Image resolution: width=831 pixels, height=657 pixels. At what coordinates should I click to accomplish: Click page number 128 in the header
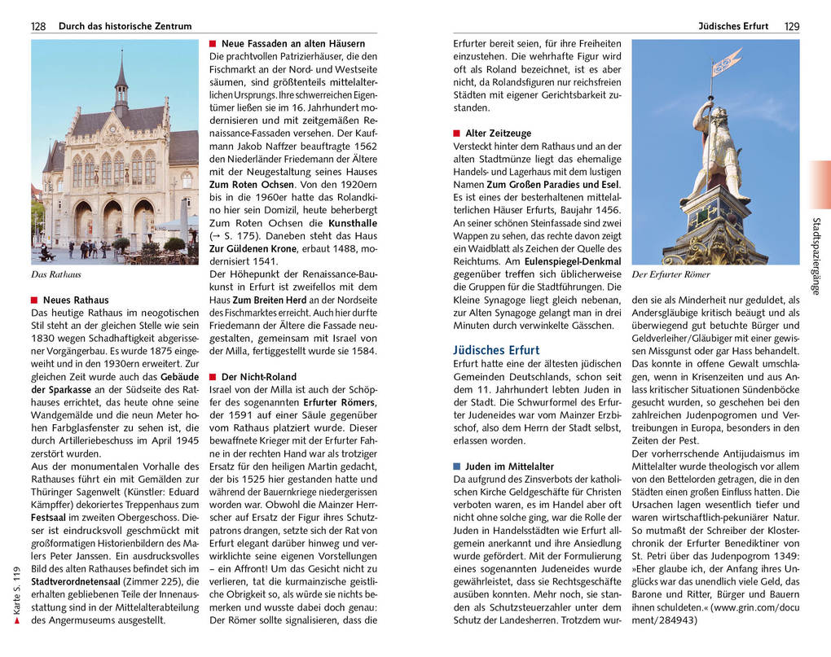click(38, 26)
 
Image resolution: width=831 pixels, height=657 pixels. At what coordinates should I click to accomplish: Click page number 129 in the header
click(792, 26)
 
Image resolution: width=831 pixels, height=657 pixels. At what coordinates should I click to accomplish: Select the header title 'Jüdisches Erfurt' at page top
click(733, 26)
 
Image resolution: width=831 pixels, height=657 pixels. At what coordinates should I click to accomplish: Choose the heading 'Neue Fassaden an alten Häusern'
click(292, 43)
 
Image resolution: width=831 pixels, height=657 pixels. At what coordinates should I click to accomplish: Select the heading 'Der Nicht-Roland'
click(259, 377)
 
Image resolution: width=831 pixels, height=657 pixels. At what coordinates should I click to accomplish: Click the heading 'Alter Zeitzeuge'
click(498, 133)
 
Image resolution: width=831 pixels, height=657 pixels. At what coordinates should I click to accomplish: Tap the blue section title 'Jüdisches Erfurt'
click(496, 350)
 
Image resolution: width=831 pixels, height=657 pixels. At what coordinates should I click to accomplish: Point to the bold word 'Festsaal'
click(48, 518)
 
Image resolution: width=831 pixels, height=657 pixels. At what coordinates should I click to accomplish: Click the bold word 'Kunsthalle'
click(353, 222)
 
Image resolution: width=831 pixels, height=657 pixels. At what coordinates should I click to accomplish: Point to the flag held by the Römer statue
click(727, 62)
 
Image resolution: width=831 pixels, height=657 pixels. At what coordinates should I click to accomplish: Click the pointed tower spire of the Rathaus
click(121, 69)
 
